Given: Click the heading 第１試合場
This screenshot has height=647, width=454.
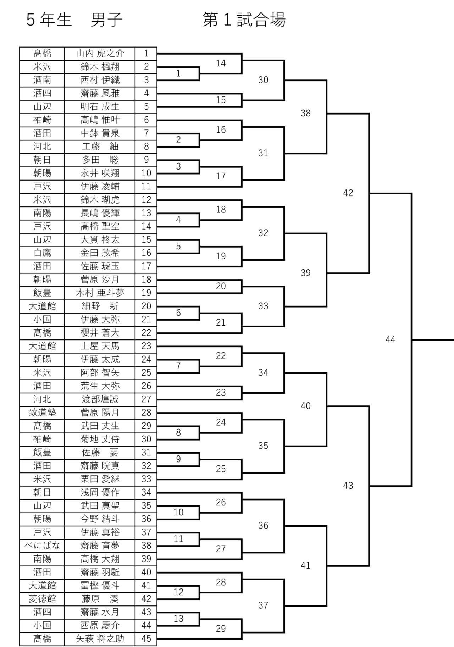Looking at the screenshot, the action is [x=244, y=20].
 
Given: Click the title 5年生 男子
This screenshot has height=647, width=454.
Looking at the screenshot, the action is [x=74, y=20].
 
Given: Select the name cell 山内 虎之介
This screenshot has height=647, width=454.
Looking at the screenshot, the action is [x=100, y=54].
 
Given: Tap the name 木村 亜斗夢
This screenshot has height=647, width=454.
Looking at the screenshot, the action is [x=100, y=293].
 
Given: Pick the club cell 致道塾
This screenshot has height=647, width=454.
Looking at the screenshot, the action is [x=42, y=413].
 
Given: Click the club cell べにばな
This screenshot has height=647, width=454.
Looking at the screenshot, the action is [x=42, y=546].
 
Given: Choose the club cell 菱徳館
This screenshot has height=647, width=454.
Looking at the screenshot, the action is [x=42, y=599].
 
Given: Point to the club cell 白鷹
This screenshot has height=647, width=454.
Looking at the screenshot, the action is [x=42, y=253].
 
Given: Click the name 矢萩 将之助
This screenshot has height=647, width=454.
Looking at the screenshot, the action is [x=100, y=639].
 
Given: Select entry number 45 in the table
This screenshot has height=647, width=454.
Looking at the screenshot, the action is [x=146, y=639].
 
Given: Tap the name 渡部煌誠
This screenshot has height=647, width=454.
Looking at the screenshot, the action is [x=100, y=399].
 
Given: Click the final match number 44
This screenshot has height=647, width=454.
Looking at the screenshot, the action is [x=391, y=339].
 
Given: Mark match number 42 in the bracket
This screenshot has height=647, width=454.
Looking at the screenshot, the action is [x=348, y=193].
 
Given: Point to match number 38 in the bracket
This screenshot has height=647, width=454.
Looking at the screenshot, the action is [x=306, y=113].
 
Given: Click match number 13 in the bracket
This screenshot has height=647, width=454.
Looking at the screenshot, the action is [x=178, y=619].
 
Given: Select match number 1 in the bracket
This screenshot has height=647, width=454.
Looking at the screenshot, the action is [x=178, y=73].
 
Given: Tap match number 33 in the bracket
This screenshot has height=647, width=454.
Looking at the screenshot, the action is [x=263, y=306].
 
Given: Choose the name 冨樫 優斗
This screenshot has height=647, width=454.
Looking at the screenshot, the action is [x=100, y=586].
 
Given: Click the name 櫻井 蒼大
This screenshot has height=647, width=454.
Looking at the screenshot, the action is [x=100, y=333].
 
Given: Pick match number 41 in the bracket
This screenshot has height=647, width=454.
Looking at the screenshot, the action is [x=306, y=565].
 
